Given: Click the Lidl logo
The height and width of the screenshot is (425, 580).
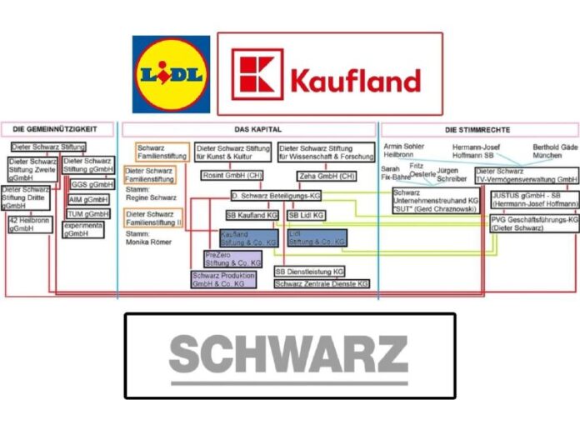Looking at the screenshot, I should coord(171,74).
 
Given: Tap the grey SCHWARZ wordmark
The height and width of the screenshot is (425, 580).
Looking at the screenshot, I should coord(288,355).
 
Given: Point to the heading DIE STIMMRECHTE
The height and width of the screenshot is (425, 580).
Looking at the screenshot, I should coord(477,130).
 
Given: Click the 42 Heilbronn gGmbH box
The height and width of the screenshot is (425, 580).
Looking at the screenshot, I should coord(28,224).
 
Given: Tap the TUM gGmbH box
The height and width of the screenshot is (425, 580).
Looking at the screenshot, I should coord(88,214).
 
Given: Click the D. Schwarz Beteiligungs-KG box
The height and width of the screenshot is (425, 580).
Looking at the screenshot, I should coord(277,195).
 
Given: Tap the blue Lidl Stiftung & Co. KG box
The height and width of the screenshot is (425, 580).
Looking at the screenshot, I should coord(317,238).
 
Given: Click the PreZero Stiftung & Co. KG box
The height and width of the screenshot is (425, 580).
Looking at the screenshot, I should coord(233,258).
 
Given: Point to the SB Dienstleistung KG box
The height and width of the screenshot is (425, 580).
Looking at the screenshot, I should coord(309,272).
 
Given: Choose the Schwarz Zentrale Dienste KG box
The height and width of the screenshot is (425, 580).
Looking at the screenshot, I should coord(321,284).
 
